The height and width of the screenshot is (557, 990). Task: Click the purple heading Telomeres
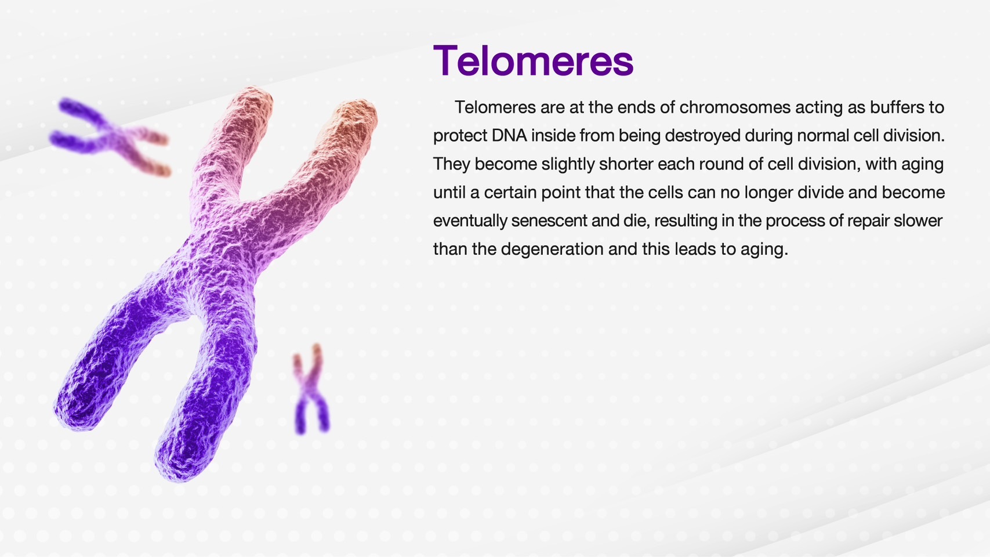pos(534,60)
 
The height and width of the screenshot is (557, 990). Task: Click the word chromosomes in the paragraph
pos(735,107)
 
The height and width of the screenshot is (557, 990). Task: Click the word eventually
pos(470,221)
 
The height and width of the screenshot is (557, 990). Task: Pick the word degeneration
pos(553,249)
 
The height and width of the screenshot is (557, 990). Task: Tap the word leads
pos(695,249)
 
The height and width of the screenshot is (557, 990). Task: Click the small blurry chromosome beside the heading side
pos(110,136)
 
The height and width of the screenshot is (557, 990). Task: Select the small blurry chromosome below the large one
pos(311,389)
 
